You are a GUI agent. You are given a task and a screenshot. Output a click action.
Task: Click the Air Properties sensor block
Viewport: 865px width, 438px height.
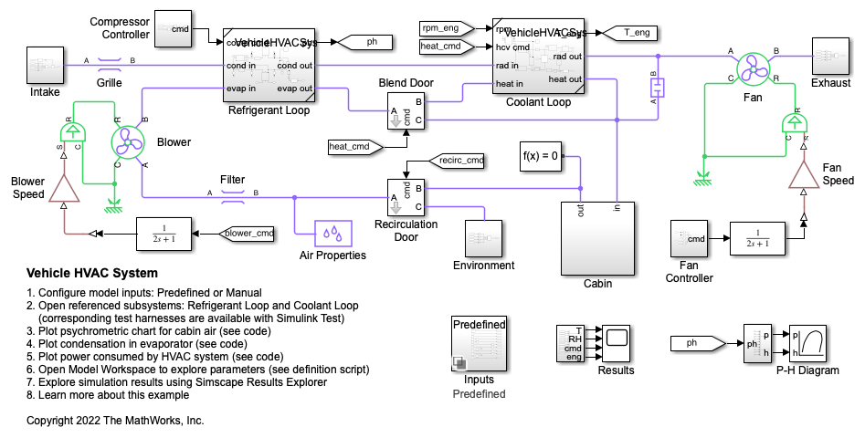[x=332, y=234]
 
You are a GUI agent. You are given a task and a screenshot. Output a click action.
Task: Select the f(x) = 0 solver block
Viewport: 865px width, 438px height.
[x=540, y=156]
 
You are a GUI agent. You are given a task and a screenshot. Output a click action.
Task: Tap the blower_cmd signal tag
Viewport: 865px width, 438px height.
[x=248, y=233]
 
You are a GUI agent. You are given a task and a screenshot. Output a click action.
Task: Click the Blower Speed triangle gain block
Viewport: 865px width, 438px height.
[x=64, y=187]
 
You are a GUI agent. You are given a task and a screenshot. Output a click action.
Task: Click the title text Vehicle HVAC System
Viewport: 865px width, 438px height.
[x=92, y=273]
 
